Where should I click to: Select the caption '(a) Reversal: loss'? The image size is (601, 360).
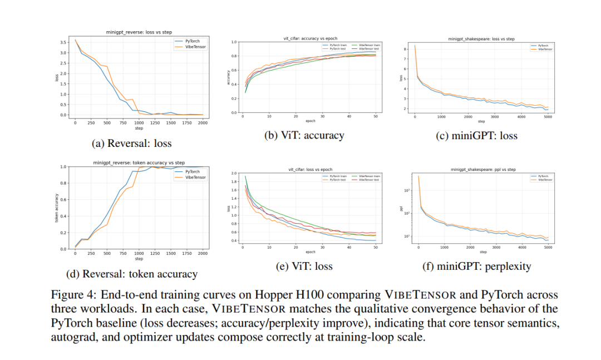[x=131, y=143]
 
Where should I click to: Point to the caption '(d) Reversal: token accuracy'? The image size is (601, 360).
[x=131, y=274]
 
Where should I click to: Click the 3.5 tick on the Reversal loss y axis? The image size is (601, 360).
[x=64, y=42]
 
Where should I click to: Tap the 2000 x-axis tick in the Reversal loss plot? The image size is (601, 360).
[x=202, y=122]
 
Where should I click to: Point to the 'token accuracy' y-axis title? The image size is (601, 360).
[x=57, y=208]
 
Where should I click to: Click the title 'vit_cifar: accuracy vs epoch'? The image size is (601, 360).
[x=310, y=38]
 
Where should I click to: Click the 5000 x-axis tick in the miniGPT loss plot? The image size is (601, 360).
[x=548, y=117]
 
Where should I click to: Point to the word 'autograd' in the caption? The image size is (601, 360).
[x=71, y=336]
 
